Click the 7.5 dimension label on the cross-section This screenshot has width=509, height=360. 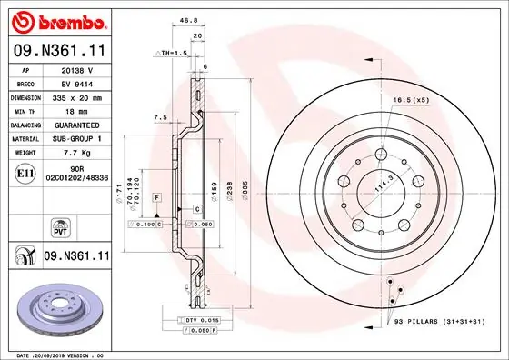[x=160, y=117]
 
